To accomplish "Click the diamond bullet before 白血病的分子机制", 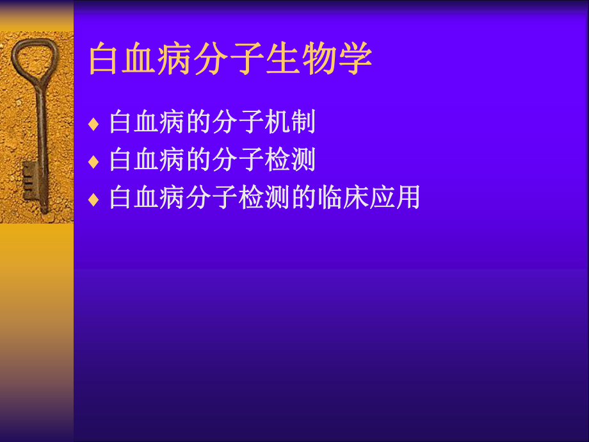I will pyautogui.click(x=94, y=124).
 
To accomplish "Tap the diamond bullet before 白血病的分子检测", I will pyautogui.click(x=94, y=161).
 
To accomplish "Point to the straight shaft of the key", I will pyautogui.click(x=41, y=128).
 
